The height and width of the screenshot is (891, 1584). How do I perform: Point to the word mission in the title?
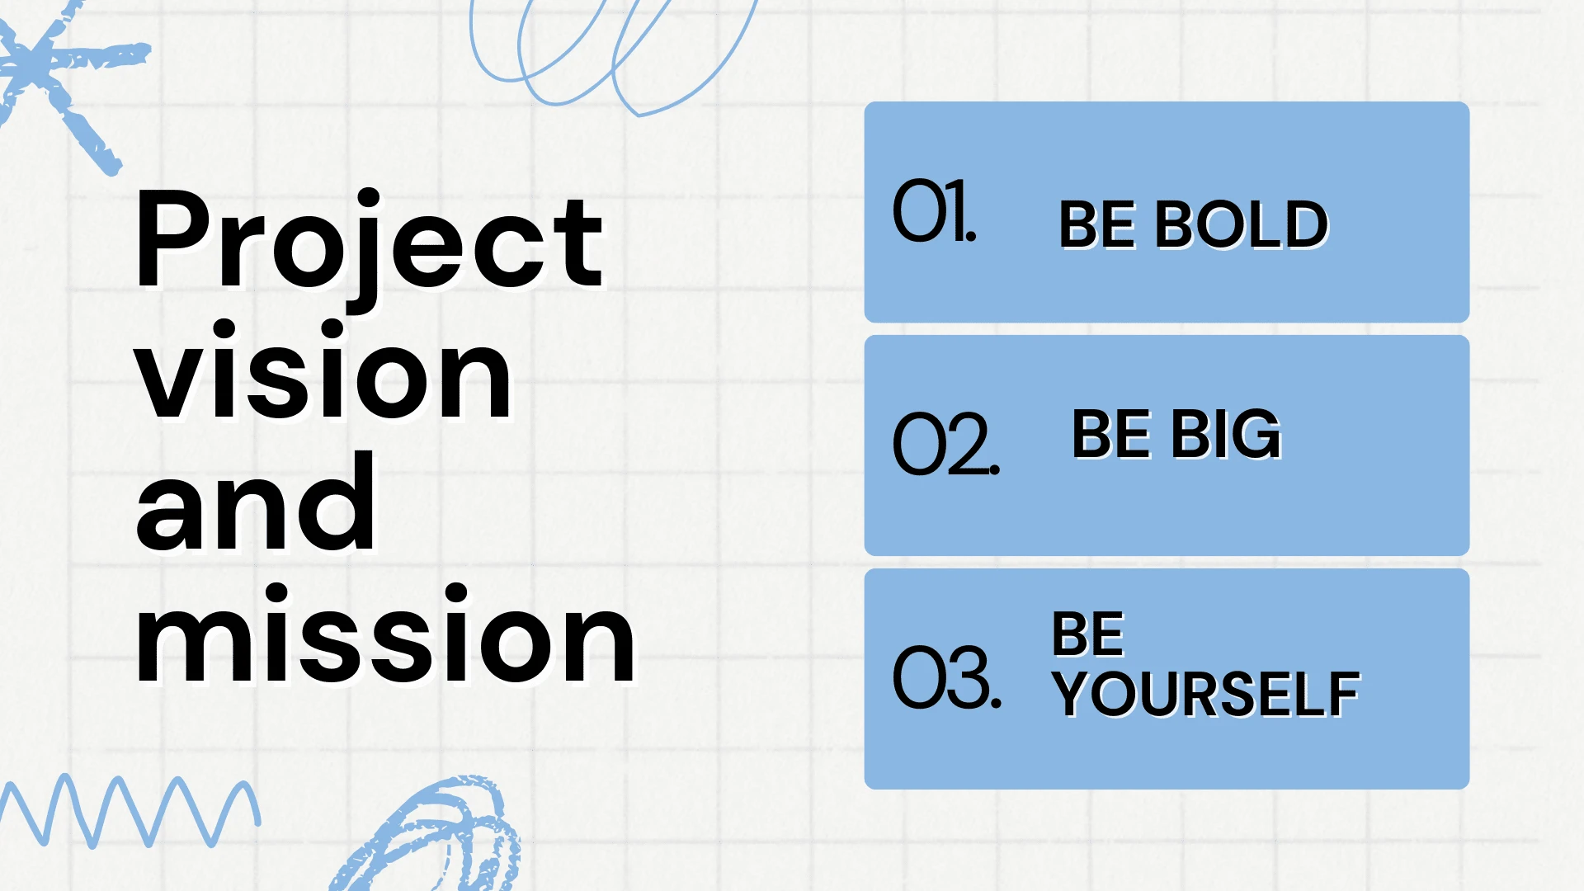click(x=385, y=633)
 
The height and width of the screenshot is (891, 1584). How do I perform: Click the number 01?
click(x=935, y=211)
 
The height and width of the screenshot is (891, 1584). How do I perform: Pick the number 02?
click(x=946, y=444)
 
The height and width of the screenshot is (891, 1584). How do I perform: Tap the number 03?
click(x=947, y=677)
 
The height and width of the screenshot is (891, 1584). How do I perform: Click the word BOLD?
click(x=1242, y=224)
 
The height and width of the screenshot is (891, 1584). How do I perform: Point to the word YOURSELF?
click(x=1206, y=695)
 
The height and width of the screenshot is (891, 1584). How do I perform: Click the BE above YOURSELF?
click(x=1088, y=634)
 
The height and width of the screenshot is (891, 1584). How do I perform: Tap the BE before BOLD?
click(x=1097, y=224)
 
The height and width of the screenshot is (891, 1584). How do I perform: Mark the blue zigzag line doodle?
click(x=130, y=811)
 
